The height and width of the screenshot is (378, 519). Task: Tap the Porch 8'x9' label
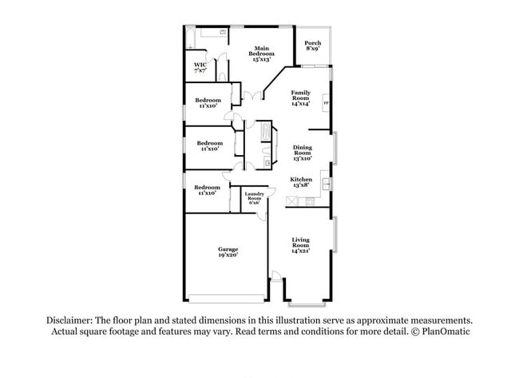313,46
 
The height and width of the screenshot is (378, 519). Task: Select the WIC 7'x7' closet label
200,67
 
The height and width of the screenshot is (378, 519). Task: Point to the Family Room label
300,97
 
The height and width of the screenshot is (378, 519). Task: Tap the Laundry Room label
255,197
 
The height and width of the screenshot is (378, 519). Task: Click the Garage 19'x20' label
228,252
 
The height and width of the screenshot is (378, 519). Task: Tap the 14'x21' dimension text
300,251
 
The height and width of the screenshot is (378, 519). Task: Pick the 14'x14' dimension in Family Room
300,104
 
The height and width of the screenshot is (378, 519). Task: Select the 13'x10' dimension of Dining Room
302,158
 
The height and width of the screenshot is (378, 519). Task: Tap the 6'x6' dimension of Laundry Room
255,203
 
